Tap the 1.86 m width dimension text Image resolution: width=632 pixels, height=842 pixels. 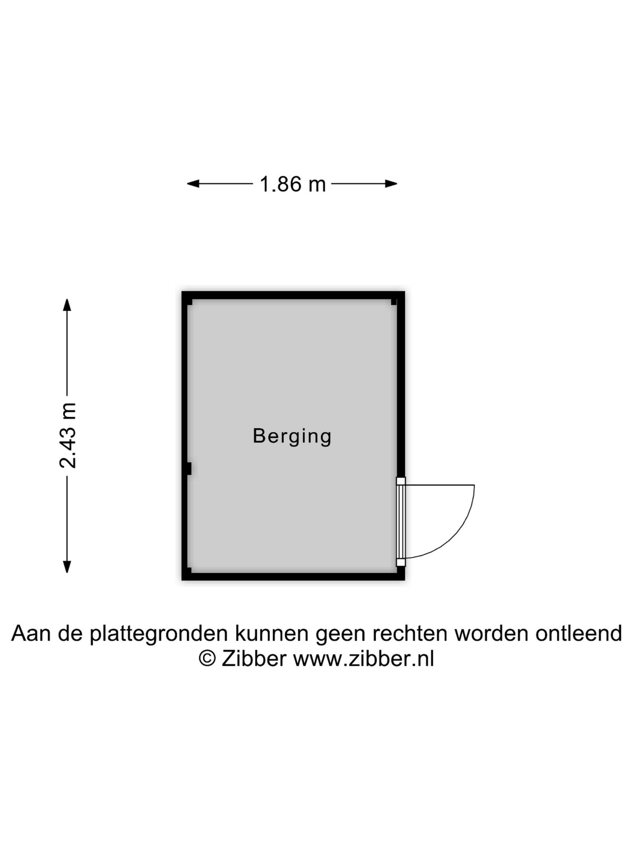(x=293, y=184)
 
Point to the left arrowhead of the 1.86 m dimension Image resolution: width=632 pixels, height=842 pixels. (x=193, y=184)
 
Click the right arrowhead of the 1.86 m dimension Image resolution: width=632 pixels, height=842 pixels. (x=391, y=184)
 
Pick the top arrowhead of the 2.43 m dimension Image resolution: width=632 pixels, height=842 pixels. (x=67, y=305)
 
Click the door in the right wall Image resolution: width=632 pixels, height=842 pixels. (x=401, y=522)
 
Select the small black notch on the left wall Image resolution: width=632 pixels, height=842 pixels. (x=189, y=469)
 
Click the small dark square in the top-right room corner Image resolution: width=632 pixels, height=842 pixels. (x=394, y=302)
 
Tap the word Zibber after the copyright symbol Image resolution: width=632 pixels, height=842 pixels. (x=254, y=659)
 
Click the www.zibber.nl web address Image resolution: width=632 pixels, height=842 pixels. (x=363, y=659)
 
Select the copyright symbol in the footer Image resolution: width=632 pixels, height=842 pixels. (x=207, y=659)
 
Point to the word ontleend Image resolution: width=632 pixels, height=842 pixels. (x=579, y=633)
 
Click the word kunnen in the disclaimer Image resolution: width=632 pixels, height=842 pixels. (x=272, y=633)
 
